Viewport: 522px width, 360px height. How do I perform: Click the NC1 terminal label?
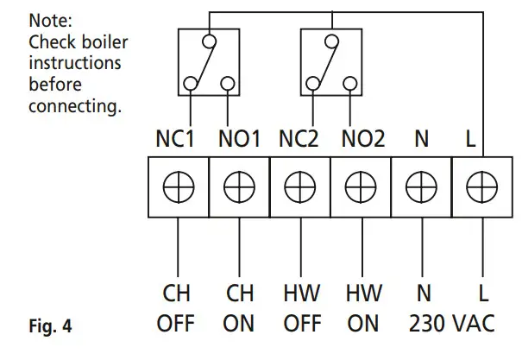[176, 139]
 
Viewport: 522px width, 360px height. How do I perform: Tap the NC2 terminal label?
[299, 139]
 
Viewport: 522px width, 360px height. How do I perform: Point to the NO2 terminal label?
[362, 139]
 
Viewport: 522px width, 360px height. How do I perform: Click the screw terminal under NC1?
[176, 186]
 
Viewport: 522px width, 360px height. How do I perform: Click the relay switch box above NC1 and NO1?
[206, 61]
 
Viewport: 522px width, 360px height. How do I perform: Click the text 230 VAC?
[452, 325]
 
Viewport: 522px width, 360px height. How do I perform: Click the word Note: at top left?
[49, 18]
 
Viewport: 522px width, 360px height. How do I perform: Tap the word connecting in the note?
[74, 108]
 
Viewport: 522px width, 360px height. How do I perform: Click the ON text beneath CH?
[237, 325]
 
